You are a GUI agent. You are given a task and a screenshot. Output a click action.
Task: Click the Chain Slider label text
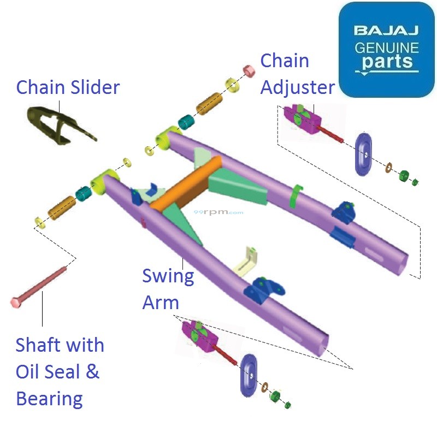pos(68,87)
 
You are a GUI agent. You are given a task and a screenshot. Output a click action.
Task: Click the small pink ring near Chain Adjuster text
pos(249,72)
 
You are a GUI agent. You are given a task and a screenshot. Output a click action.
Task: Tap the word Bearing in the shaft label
pos(49,398)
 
